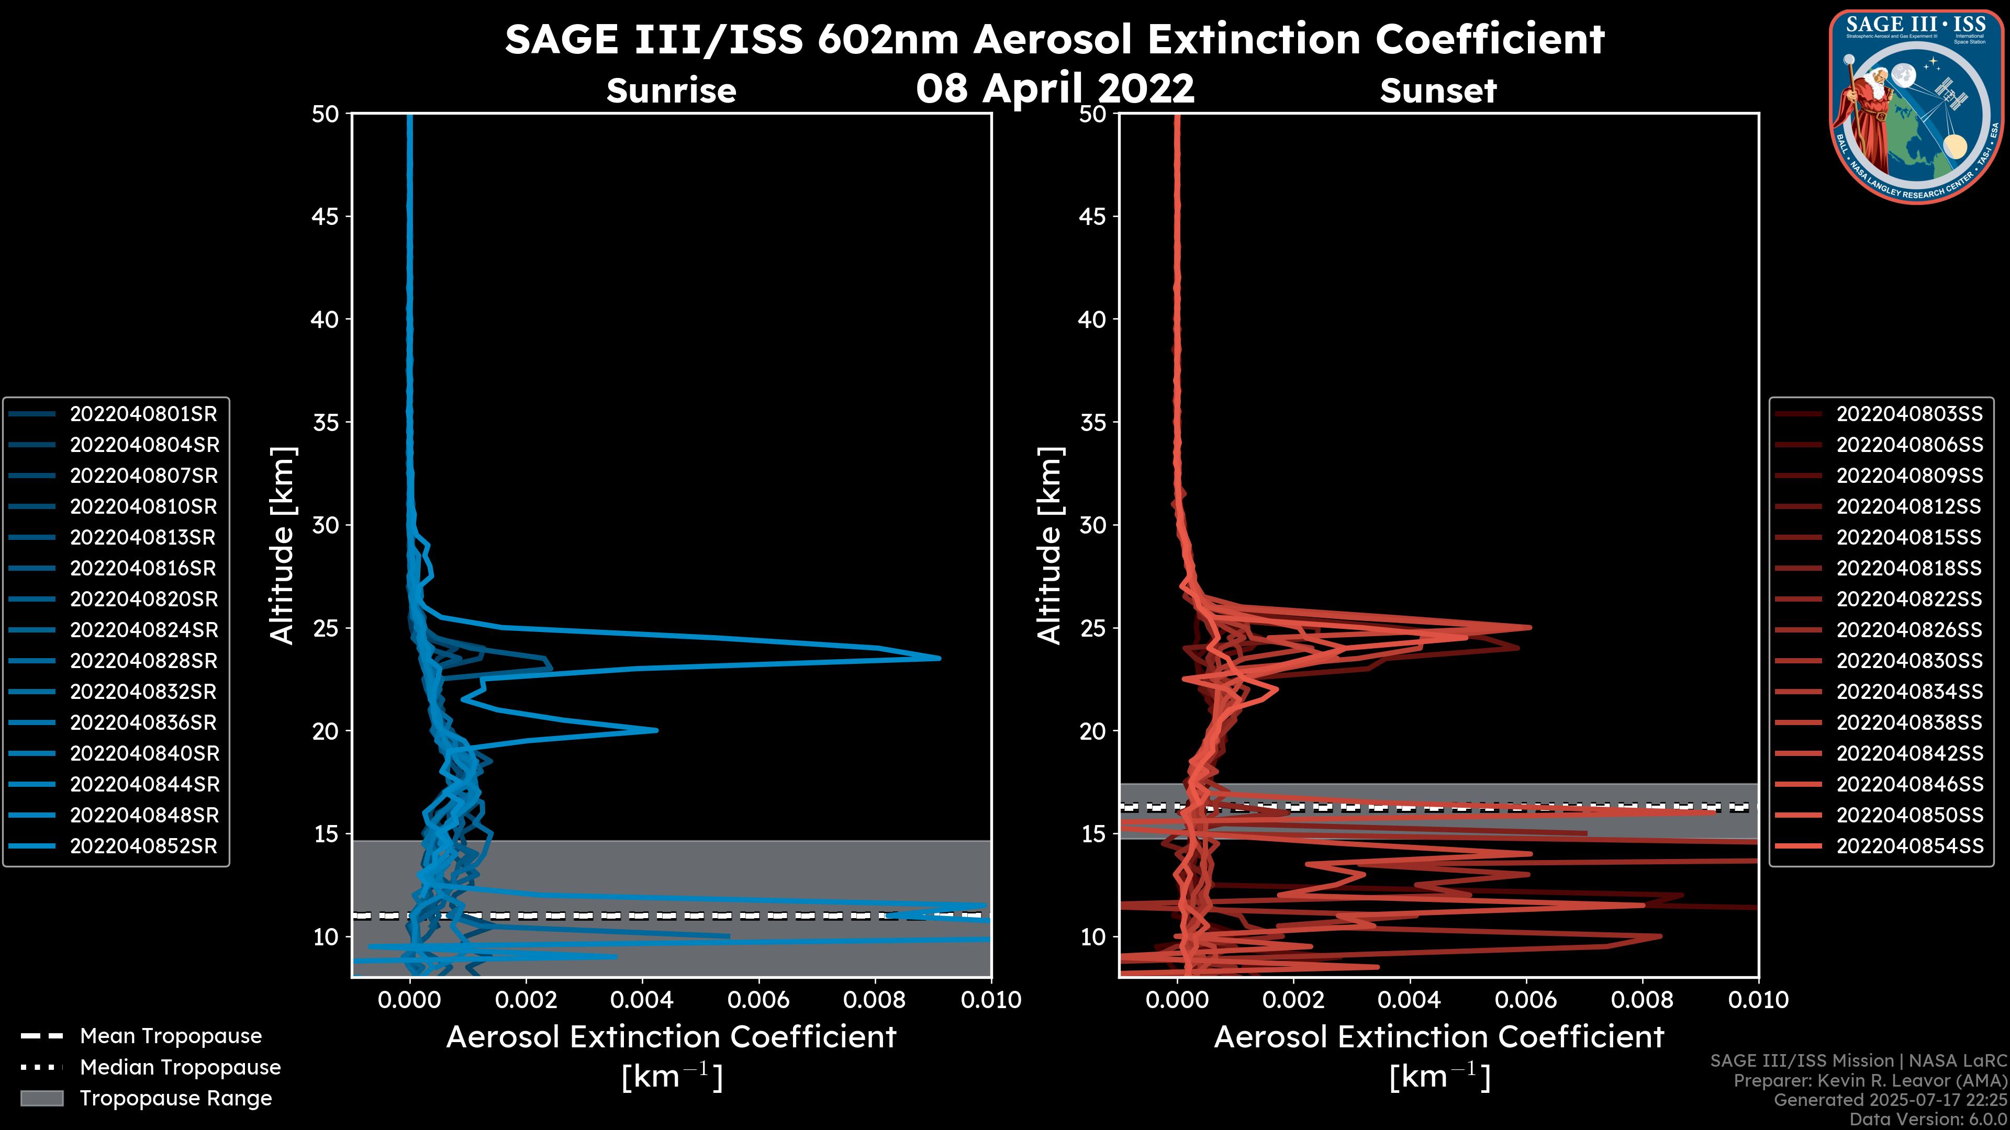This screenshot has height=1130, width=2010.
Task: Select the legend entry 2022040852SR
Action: click(x=143, y=846)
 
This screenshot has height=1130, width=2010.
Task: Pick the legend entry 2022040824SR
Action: click(x=143, y=630)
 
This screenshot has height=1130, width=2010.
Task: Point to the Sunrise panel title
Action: click(x=671, y=91)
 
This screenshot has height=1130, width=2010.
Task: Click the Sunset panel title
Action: click(x=1438, y=91)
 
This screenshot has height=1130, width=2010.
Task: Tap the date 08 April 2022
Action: click(x=1055, y=88)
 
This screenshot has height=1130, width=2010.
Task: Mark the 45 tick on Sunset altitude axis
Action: click(x=1092, y=217)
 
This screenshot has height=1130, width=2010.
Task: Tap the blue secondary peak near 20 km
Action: click(x=656, y=730)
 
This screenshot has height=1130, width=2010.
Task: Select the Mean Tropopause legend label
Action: click(x=171, y=1036)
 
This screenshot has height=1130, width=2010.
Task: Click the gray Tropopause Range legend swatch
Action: click(x=42, y=1098)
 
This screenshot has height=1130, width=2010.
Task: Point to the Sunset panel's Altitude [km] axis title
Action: click(x=1049, y=546)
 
